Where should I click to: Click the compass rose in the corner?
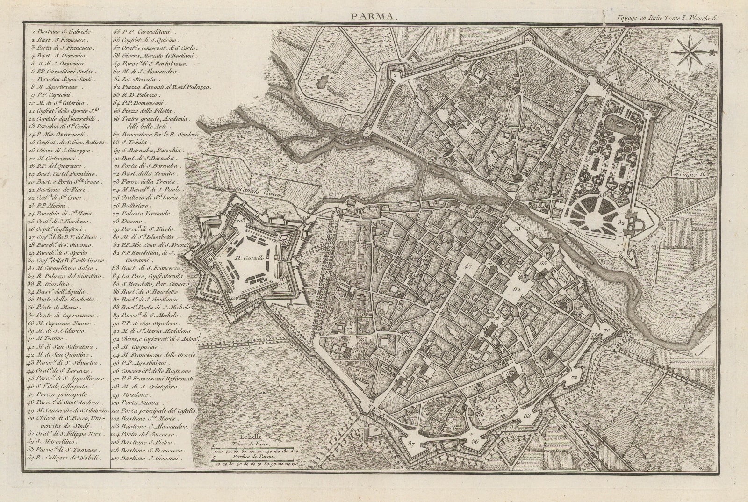coord(689,51)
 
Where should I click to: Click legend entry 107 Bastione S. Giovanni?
coord(150,458)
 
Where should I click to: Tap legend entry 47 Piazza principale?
coord(61,395)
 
